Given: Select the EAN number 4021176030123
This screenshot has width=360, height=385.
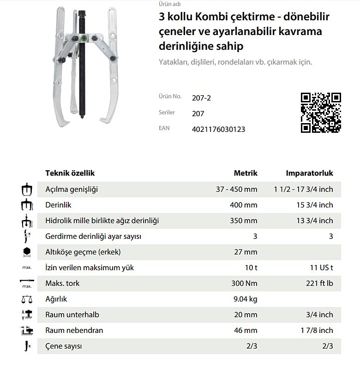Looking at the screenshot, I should [218, 129].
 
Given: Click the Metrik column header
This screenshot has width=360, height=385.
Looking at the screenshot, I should [246, 173].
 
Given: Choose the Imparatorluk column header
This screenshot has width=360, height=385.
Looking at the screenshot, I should [309, 173].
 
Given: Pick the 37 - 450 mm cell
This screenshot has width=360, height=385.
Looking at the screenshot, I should [237, 189].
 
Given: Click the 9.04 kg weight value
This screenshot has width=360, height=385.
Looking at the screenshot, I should [246, 299].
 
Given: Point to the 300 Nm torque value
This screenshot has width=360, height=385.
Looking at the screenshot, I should [243, 284].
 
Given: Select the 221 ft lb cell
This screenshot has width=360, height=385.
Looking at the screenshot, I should [318, 284].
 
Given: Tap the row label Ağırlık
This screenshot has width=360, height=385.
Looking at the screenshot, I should [56, 299].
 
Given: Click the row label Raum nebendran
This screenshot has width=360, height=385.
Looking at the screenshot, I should [74, 331].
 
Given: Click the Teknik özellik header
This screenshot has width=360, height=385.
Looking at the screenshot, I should [70, 173].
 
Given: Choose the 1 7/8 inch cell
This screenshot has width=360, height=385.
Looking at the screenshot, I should [316, 331].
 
